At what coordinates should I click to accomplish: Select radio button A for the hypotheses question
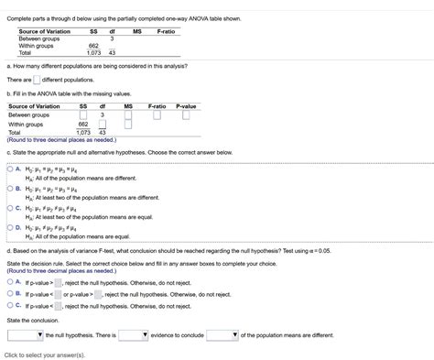[x=9, y=169]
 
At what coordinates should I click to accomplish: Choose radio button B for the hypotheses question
[x=9, y=189]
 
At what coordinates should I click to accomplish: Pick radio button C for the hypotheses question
[x=9, y=208]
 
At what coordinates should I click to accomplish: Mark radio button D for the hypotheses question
[x=9, y=227]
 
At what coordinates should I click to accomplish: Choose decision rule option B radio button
[x=9, y=294]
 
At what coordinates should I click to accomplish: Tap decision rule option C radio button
[x=9, y=307]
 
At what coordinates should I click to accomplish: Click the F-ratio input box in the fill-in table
[x=157, y=115]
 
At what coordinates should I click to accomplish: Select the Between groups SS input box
[x=82, y=115]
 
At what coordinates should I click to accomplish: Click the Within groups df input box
[x=103, y=124]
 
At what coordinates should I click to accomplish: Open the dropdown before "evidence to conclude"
[x=133, y=335]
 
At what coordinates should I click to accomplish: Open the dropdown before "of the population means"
[x=222, y=335]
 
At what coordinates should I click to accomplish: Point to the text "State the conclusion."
[x=32, y=321]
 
